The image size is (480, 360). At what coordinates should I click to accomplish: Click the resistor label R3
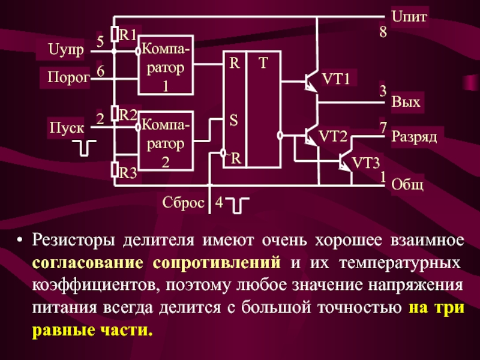tap(128, 173)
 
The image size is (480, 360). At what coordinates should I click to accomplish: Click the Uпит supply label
tap(409, 16)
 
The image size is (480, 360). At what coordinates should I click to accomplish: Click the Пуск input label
tap(67, 127)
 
